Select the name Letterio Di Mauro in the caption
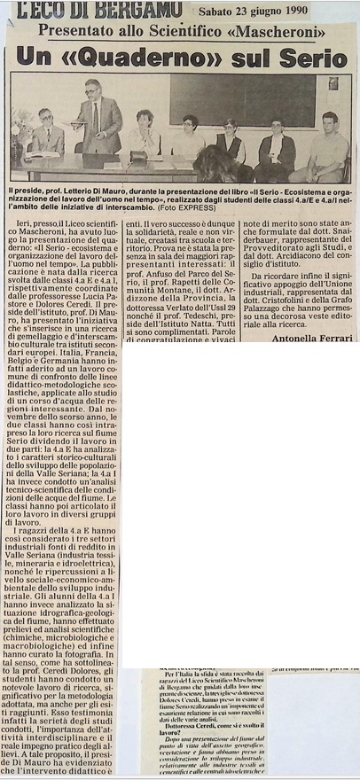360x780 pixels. [90, 191]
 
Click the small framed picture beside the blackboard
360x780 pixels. [333, 84]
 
